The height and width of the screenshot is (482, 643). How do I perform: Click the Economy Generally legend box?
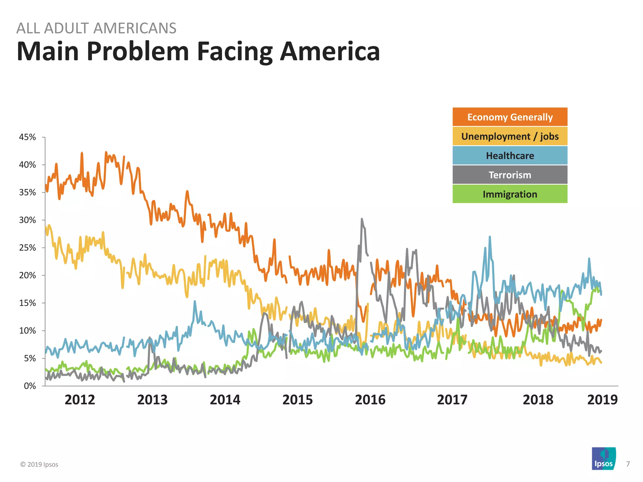tap(510, 117)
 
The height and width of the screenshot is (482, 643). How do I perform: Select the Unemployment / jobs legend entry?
tap(510, 136)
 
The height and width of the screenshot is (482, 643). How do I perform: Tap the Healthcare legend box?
tap(510, 156)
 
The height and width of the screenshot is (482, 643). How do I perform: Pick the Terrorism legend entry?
tap(510, 175)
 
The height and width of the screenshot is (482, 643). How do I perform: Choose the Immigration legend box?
tap(510, 194)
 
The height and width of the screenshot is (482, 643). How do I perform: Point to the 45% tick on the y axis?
tap(28, 137)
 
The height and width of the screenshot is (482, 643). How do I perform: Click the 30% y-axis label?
tap(28, 220)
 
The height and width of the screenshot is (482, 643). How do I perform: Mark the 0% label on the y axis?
tap(30, 386)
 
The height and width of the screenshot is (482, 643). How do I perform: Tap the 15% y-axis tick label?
tap(28, 303)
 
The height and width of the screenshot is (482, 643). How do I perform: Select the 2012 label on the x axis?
tap(80, 400)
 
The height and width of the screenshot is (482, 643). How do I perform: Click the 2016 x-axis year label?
tap(370, 400)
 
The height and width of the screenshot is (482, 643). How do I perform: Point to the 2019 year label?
tap(602, 400)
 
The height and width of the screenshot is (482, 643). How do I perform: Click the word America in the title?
tap(330, 51)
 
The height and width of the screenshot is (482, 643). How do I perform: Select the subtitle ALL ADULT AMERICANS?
tap(96, 28)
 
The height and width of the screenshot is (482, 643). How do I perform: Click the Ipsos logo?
tap(603, 458)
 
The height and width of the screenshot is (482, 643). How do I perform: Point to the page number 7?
tap(628, 464)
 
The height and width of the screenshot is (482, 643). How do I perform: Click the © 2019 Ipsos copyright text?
tap(39, 464)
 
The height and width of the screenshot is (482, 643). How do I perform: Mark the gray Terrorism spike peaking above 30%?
tap(362, 220)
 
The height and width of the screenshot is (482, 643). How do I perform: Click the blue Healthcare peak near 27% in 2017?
tap(490, 238)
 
